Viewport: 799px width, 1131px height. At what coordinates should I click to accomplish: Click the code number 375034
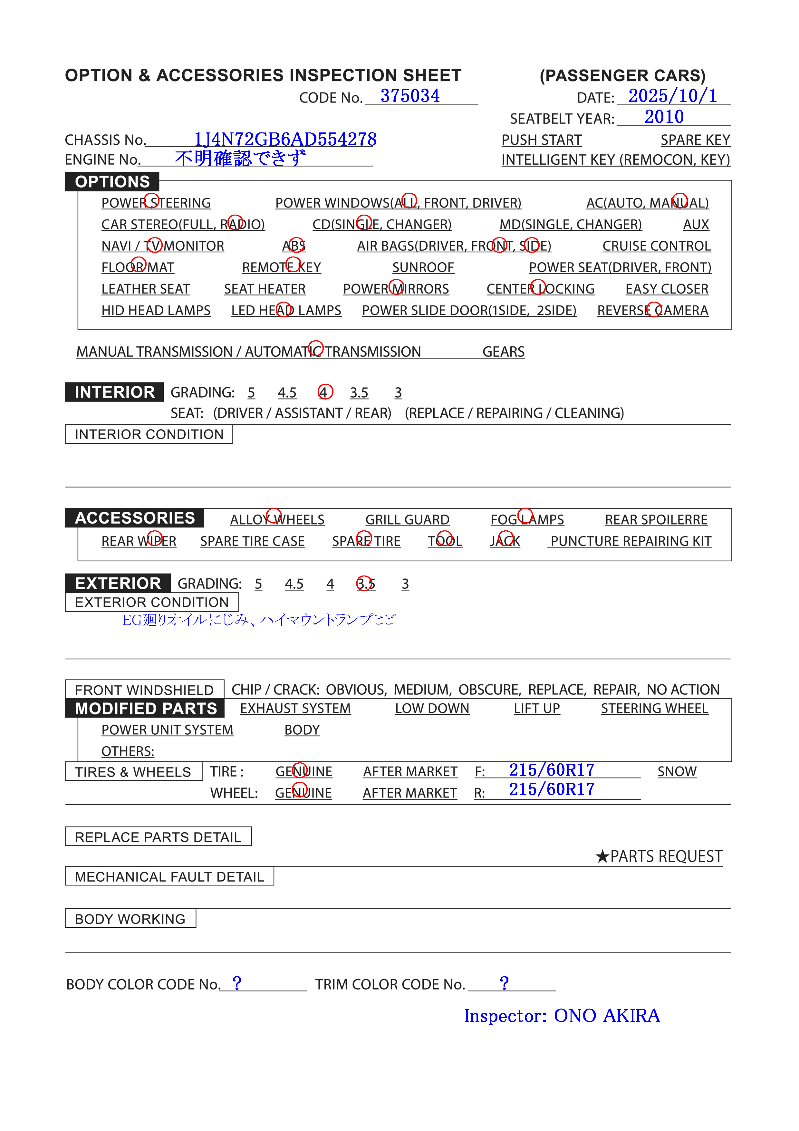click(x=410, y=96)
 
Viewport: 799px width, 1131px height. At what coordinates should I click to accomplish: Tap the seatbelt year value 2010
click(x=664, y=117)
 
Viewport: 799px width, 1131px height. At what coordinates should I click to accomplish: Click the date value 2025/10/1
click(x=672, y=96)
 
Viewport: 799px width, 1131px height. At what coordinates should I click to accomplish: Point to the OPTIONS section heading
click(x=112, y=182)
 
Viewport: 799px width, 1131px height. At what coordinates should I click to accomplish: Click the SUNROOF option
click(x=423, y=267)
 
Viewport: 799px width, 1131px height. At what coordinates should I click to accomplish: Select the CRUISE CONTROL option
click(x=656, y=246)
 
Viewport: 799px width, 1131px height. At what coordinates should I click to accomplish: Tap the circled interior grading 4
click(x=324, y=392)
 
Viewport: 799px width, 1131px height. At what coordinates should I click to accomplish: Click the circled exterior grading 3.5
click(x=366, y=584)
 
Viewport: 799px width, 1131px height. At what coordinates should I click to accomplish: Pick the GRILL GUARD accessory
click(x=407, y=520)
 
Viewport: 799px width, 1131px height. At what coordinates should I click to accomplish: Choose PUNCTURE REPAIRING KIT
click(x=631, y=541)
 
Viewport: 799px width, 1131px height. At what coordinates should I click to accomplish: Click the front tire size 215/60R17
click(x=552, y=770)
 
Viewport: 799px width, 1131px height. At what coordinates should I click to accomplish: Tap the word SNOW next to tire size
click(x=677, y=771)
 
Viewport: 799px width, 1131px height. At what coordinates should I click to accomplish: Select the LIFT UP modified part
click(x=536, y=708)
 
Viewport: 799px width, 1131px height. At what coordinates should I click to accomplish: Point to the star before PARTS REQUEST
click(x=602, y=856)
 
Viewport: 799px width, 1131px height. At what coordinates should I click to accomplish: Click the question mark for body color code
click(x=237, y=983)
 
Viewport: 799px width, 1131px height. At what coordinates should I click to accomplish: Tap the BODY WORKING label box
click(x=130, y=919)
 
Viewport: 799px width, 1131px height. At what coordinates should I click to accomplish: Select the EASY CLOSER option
click(x=667, y=289)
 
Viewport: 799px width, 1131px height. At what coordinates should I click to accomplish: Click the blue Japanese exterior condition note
click(x=259, y=620)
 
